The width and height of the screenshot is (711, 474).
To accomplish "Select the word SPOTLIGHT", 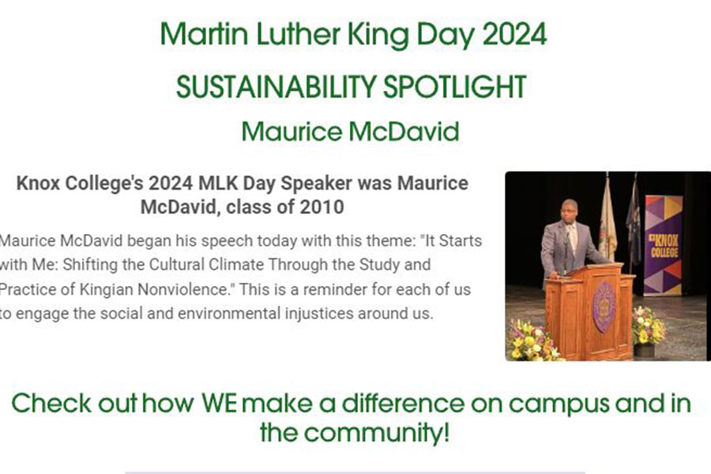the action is click(x=455, y=87).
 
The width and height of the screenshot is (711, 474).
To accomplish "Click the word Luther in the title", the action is click(x=298, y=35).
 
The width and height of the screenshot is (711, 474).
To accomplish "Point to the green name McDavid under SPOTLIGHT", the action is click(x=404, y=132).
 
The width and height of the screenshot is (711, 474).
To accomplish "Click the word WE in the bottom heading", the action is click(x=219, y=403).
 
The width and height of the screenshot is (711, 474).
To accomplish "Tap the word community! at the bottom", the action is click(x=376, y=432).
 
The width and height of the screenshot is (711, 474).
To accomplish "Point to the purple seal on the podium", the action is click(x=604, y=307).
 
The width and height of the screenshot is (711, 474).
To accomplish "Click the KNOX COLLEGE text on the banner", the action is click(x=664, y=245).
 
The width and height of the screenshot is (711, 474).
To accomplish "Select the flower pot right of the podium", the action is click(x=645, y=350).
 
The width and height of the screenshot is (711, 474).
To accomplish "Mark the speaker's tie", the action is click(x=572, y=237).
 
